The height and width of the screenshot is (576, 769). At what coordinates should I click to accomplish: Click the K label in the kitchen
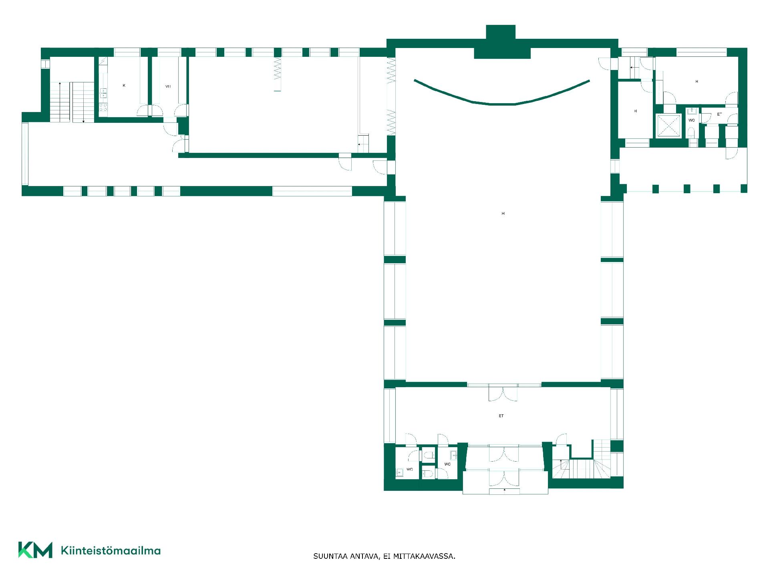(124, 85)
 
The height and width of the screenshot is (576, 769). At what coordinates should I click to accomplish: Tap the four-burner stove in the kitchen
(103, 107)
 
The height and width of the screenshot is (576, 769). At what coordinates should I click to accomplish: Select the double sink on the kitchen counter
(103, 93)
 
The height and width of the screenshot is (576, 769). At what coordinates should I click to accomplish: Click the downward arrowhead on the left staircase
(83, 121)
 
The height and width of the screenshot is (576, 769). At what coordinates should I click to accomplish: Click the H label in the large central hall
(503, 214)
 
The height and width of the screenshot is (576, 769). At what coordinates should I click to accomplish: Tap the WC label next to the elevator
(692, 120)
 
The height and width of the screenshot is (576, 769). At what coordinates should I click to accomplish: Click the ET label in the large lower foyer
(501, 416)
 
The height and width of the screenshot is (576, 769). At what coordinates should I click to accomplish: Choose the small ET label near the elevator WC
(719, 114)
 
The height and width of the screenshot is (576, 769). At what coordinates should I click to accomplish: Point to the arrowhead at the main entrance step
(505, 489)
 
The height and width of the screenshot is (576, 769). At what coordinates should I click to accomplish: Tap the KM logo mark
(35, 550)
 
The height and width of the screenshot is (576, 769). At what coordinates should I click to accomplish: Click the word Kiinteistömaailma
(111, 551)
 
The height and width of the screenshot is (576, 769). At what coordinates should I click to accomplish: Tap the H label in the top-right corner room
(697, 82)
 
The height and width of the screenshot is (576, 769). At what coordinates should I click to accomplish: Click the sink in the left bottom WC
(399, 472)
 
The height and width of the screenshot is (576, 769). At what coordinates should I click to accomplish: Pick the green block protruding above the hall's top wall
(501, 32)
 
